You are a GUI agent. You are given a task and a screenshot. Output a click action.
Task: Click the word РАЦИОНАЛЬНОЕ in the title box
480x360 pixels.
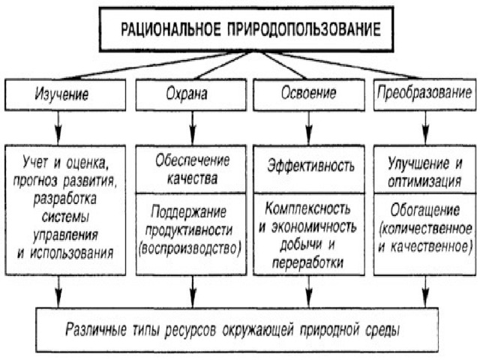170,29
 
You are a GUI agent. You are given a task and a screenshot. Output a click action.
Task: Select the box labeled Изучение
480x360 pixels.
65,94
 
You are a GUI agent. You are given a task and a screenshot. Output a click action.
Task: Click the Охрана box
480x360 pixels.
191,94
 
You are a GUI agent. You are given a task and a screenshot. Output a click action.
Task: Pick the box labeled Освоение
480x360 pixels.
309,94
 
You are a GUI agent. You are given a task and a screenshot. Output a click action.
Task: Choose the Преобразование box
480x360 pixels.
425,94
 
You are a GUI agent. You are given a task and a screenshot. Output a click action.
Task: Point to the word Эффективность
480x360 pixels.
311,166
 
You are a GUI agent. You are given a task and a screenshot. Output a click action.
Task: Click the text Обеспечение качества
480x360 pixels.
192,169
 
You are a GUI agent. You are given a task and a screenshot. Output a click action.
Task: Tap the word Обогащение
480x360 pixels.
425,210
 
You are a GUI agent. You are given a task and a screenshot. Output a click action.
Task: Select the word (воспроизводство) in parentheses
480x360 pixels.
190,248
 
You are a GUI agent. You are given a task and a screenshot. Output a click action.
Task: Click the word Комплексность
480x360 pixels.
307,208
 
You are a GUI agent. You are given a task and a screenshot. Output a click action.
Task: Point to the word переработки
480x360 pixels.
307,262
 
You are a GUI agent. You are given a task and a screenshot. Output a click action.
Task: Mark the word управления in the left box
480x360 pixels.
65,235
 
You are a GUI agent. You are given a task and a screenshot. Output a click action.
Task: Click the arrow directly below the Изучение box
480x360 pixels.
58,127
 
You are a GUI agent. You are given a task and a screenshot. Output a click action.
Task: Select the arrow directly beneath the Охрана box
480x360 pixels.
193,127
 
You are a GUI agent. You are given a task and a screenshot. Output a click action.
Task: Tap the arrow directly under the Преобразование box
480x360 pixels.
425,127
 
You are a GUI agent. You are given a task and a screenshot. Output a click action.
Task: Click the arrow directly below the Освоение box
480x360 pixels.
309,127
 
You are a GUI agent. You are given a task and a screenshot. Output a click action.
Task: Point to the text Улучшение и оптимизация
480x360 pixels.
425,172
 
